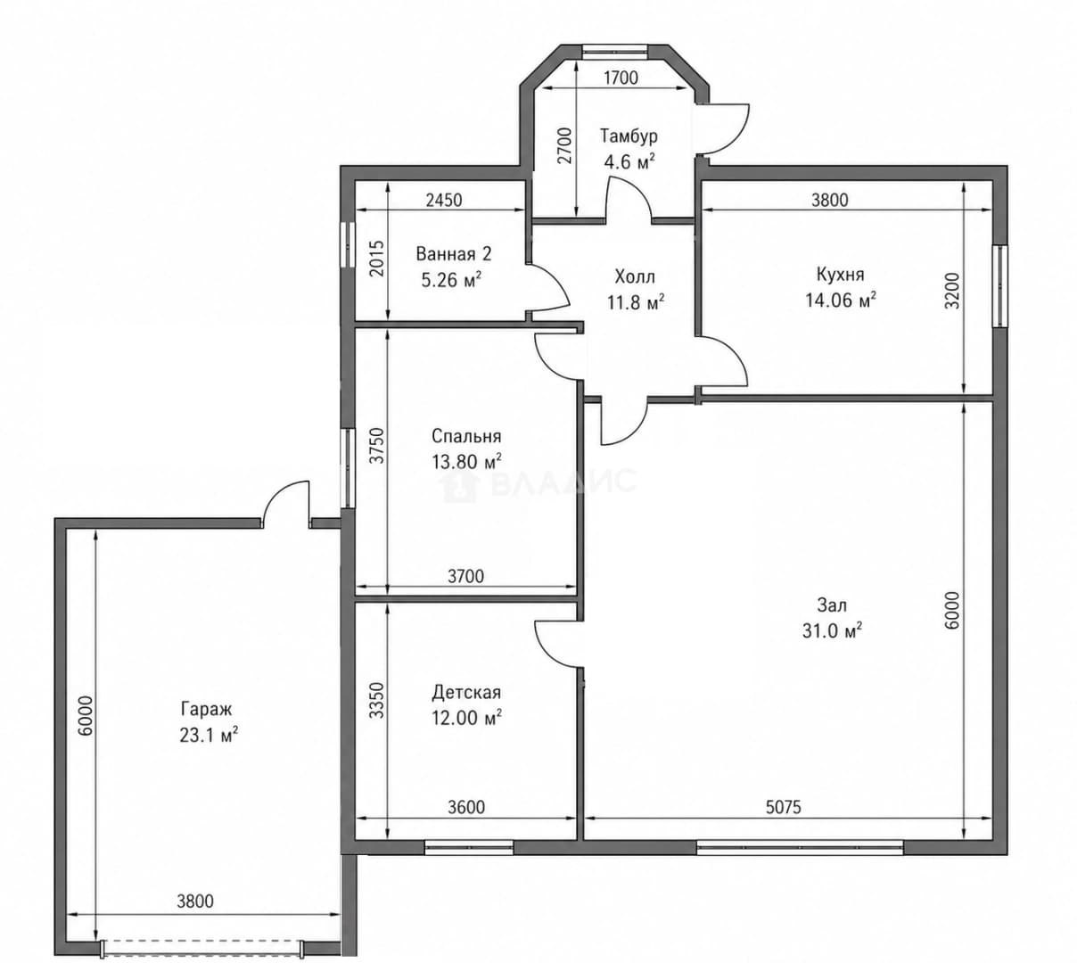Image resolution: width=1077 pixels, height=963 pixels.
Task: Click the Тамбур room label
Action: pyautogui.click(x=629, y=136)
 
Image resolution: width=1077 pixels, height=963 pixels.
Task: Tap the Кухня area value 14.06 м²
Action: pyautogui.click(x=840, y=300)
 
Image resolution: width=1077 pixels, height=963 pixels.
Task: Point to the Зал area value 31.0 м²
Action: pyautogui.click(x=832, y=631)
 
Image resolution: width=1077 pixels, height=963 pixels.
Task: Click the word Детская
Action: pyautogui.click(x=466, y=692)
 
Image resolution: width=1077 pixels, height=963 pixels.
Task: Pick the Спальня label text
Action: pyautogui.click(x=466, y=436)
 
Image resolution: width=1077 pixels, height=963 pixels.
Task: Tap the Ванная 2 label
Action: pyautogui.click(x=454, y=254)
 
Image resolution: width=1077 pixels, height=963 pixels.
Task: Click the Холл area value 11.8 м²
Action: pyautogui.click(x=636, y=302)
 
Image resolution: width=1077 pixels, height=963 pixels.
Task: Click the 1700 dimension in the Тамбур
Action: pyautogui.click(x=621, y=78)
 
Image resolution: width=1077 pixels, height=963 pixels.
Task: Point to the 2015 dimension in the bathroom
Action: pyautogui.click(x=376, y=259)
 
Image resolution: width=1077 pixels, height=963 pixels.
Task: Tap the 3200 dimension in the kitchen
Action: pyautogui.click(x=953, y=291)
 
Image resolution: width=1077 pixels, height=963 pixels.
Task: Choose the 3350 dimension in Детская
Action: pyautogui.click(x=376, y=700)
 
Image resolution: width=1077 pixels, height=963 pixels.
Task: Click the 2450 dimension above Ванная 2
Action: pyautogui.click(x=444, y=200)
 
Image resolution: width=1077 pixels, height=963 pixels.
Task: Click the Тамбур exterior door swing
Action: pyautogui.click(x=723, y=129)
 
